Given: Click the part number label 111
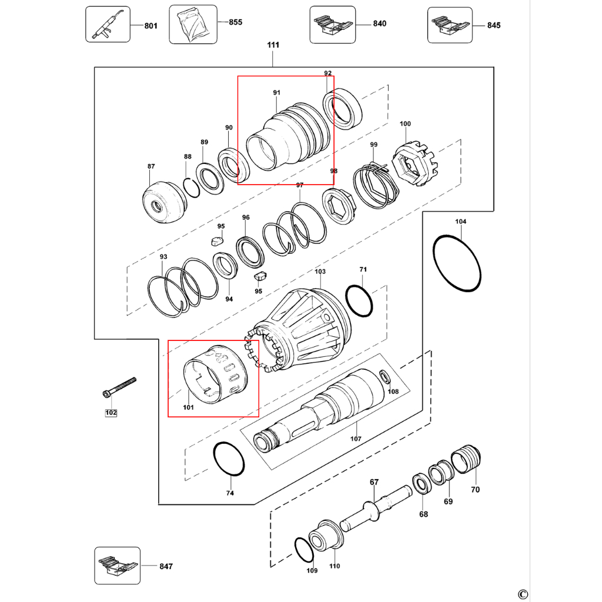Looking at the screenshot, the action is coord(273,45).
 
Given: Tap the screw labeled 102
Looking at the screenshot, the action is coord(119,387).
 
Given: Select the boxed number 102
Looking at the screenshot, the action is coord(111,413).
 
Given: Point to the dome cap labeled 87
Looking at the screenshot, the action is coord(165,202).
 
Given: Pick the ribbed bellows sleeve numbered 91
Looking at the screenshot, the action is coord(288,136).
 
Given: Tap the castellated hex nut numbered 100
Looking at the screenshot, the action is coord(414,163).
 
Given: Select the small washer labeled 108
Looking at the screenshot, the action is coord(384,377).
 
